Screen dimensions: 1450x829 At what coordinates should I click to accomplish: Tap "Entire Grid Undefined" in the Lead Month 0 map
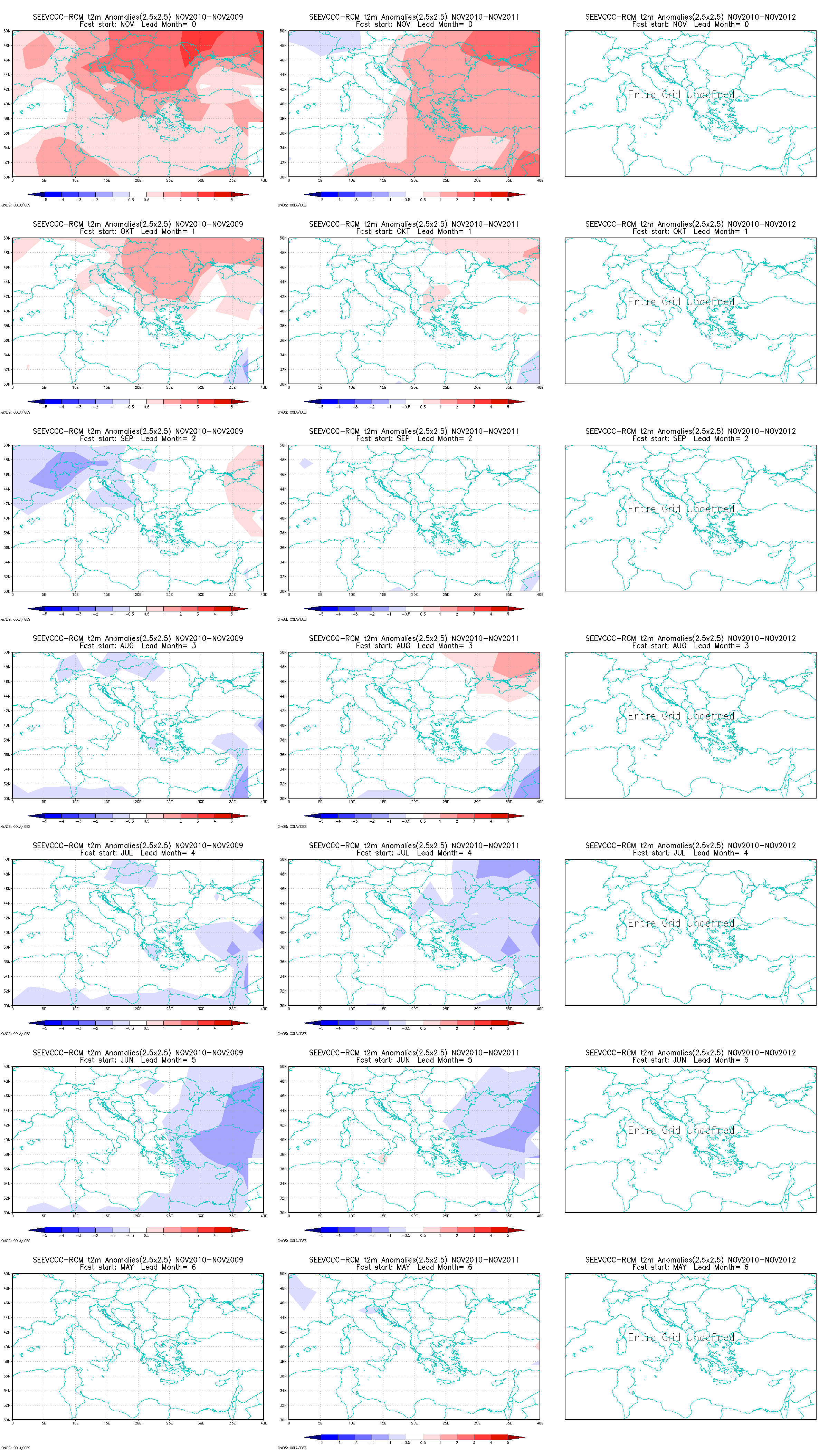point(681,95)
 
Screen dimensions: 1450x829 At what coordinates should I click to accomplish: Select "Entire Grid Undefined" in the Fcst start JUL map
point(681,923)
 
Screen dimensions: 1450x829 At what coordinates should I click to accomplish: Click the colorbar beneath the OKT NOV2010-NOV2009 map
point(138,402)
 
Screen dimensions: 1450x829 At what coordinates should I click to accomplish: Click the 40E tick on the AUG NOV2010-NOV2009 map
point(263,802)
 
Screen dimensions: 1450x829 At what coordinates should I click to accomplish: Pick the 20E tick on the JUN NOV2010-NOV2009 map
point(138,1216)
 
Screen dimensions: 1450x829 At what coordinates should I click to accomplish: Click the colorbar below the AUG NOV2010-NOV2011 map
point(414,816)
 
